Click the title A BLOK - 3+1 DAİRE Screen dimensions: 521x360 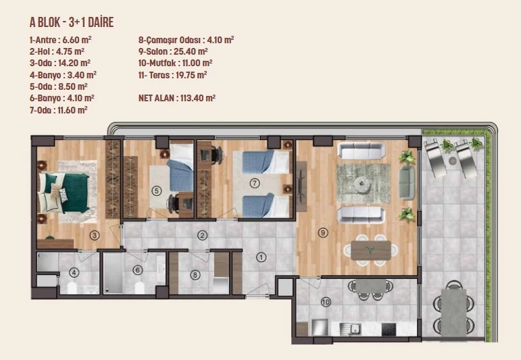[x=72, y=22]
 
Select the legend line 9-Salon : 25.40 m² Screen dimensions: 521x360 [x=173, y=51]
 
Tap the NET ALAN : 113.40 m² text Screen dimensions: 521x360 [x=177, y=98]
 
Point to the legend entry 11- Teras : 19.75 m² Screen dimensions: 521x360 [x=172, y=75]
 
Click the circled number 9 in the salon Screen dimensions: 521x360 [x=322, y=232]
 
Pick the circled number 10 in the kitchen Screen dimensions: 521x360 [x=326, y=302]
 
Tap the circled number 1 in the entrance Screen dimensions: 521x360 [x=261, y=257]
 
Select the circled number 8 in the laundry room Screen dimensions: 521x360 [x=195, y=275]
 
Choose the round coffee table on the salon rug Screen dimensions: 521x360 [x=362, y=184]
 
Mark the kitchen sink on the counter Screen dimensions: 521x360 [x=351, y=328]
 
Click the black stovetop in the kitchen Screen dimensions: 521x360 [x=389, y=329]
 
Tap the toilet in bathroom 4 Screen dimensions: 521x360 [x=72, y=288]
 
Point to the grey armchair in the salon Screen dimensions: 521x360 [x=407, y=182]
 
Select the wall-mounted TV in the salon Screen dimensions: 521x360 [x=301, y=186]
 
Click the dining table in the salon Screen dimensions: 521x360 [x=371, y=250]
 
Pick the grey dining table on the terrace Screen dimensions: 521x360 [x=453, y=311]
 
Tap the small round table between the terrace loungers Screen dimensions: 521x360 [x=452, y=161]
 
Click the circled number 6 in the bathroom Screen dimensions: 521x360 [x=138, y=270]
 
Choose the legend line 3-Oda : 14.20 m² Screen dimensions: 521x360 [x=60, y=63]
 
